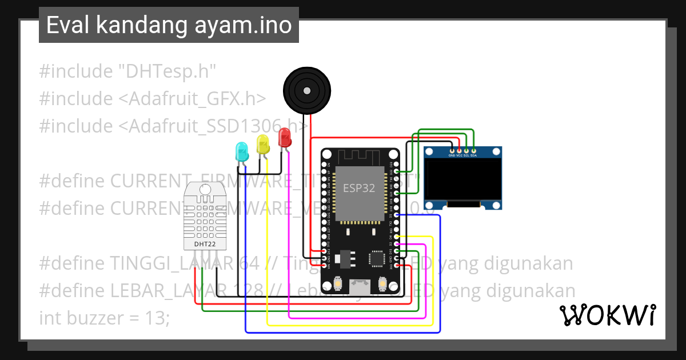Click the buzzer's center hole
click(308, 90)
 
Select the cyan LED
click(242, 151)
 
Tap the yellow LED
click(263, 144)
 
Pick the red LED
click(284, 138)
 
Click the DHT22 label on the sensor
click(204, 244)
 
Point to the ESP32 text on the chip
click(359, 188)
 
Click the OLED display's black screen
click(462, 180)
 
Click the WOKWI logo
click(607, 315)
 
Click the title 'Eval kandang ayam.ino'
click(169, 25)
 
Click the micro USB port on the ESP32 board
click(360, 283)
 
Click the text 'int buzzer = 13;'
click(104, 318)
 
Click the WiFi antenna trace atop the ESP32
click(360, 156)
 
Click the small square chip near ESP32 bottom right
click(377, 258)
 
